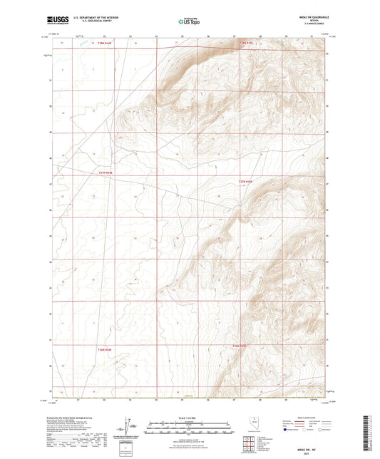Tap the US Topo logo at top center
point(189,22)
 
